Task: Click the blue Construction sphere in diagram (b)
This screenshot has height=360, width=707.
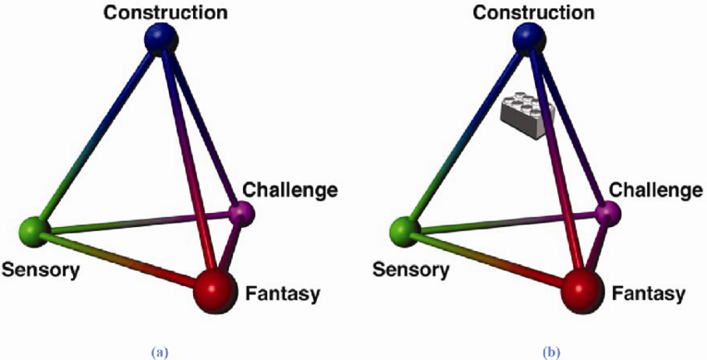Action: pyautogui.click(x=528, y=38)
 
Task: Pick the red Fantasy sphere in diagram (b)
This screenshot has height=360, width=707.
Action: pyautogui.click(x=582, y=290)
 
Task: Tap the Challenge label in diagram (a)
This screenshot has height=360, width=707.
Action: pyautogui.click(x=291, y=190)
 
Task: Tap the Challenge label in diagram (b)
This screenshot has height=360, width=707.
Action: pyautogui.click(x=657, y=190)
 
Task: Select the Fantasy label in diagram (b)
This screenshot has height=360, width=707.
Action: pyautogui.click(x=648, y=293)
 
